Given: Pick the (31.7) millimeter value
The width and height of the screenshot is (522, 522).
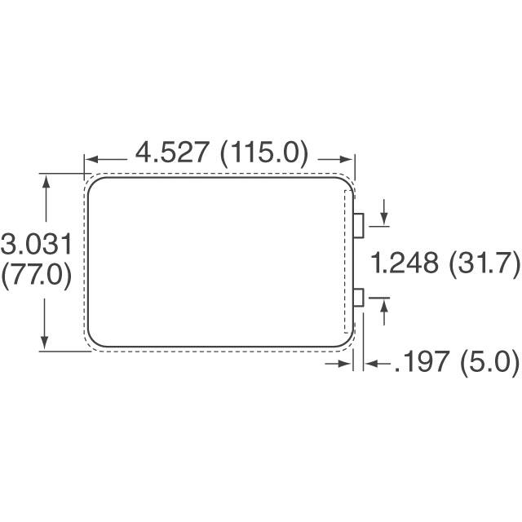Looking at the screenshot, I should tap(486, 263).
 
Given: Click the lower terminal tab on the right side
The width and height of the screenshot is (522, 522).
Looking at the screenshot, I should tap(358, 298).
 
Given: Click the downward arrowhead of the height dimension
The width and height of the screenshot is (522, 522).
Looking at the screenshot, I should tap(46, 343).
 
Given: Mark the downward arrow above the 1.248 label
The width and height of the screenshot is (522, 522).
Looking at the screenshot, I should tap(383, 222).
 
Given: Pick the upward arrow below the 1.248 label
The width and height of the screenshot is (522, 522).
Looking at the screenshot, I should tap(383, 304).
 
